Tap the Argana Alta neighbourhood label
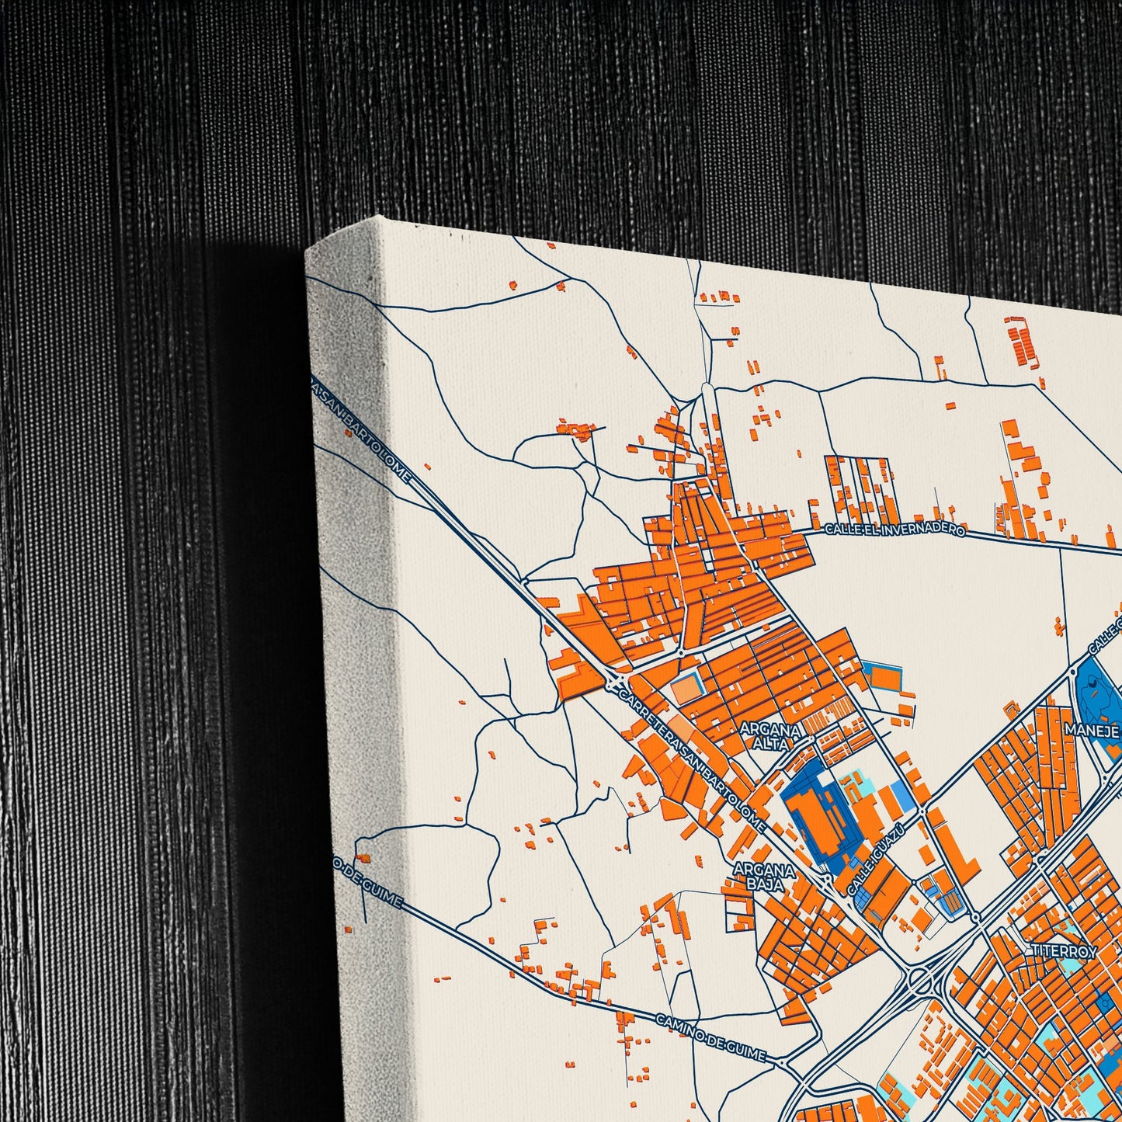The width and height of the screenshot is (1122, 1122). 769,736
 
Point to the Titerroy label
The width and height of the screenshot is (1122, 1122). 1063,951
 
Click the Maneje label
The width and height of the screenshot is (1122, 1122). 1091,730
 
